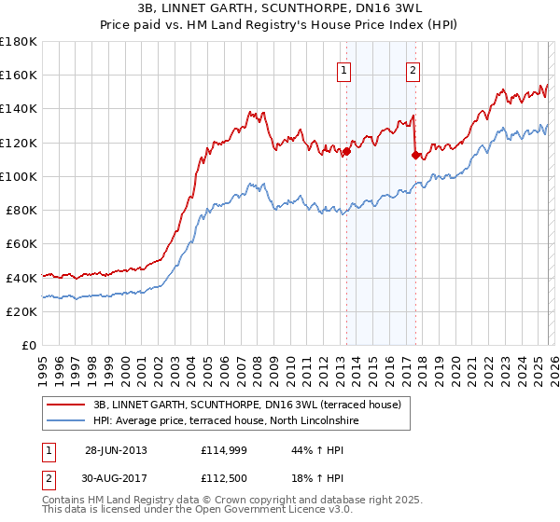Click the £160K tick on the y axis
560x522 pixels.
click(x=19, y=75)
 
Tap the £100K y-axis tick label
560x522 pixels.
click(x=19, y=176)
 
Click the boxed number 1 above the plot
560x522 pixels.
click(x=344, y=69)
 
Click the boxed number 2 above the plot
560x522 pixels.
click(x=413, y=69)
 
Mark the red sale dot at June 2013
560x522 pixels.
click(x=346, y=151)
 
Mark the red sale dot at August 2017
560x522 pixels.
click(x=415, y=156)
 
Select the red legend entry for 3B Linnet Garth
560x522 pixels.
click(x=247, y=405)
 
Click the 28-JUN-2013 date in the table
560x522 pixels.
click(x=116, y=450)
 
